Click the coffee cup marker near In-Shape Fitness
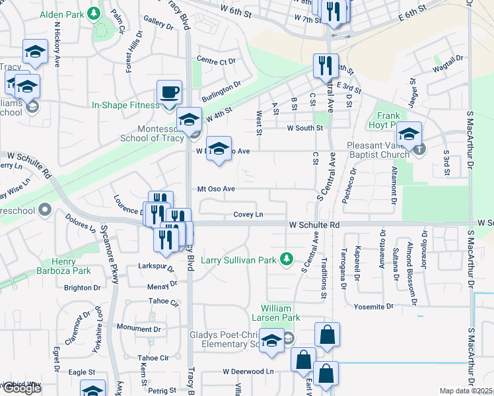tap(170, 92)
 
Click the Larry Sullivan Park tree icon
tap(287, 259)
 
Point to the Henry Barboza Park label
tap(71, 266)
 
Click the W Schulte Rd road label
tap(314, 225)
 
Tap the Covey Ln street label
tap(248, 214)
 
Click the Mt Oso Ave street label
tap(216, 189)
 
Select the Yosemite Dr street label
tap(373, 306)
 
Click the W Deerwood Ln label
tap(248, 372)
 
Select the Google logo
tap(21, 387)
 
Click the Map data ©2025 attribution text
tap(466, 391)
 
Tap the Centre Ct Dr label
tap(216, 61)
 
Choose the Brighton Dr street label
tap(83, 288)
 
